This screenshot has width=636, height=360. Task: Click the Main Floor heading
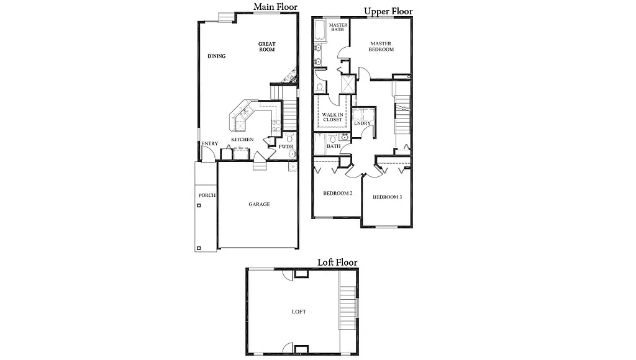(275, 7)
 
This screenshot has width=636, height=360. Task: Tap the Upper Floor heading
(388, 11)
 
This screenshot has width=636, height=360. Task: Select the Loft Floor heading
(337, 262)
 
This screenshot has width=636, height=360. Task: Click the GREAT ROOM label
(267, 47)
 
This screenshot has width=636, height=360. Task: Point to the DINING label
(217, 56)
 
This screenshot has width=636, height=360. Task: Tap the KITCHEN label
(242, 140)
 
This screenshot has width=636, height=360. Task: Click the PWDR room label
(286, 146)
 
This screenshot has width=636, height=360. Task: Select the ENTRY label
(210, 144)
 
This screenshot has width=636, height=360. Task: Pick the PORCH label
(207, 196)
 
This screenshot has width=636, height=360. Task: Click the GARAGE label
(259, 204)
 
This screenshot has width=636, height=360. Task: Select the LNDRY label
(362, 123)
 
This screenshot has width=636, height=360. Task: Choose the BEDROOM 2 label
(338, 193)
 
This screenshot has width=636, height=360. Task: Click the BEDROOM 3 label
(388, 197)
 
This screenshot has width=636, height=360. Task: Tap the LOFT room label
(299, 312)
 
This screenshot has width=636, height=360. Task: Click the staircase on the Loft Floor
(347, 308)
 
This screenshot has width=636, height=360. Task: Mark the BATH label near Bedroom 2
(334, 146)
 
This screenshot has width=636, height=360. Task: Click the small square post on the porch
(198, 248)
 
